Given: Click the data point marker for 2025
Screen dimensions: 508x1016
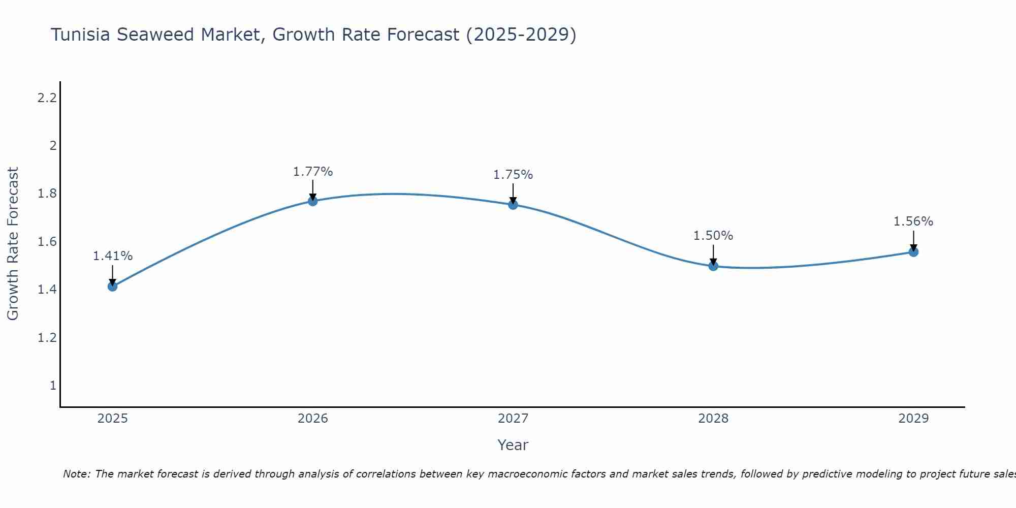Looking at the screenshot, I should (x=112, y=287).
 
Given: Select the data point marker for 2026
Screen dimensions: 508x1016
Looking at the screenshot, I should (x=312, y=201).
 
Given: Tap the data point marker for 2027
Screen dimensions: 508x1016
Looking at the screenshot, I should (x=513, y=205).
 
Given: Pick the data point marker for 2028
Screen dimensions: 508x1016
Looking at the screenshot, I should (x=713, y=266).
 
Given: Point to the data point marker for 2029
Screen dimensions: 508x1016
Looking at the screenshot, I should (x=913, y=252).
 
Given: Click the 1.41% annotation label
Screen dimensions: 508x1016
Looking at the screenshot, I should (x=112, y=256).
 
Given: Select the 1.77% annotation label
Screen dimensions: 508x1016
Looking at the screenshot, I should (x=312, y=172).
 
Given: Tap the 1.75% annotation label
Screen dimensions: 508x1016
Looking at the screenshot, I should (x=513, y=175).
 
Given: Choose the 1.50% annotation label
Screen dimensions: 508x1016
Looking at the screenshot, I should (x=713, y=236).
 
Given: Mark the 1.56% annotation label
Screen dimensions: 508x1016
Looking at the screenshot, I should (x=913, y=221).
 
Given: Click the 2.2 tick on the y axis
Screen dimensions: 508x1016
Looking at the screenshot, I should (x=47, y=98).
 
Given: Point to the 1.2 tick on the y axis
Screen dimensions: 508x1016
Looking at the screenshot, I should (x=47, y=337).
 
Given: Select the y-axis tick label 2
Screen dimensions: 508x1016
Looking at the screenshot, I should (x=52, y=146).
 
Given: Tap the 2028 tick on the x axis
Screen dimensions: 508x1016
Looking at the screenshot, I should (x=713, y=419).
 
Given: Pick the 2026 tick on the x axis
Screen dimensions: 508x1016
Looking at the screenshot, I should (x=312, y=419).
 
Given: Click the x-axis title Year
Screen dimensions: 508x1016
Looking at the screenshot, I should (x=513, y=445).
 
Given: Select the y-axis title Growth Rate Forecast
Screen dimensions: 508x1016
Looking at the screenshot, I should (x=13, y=244).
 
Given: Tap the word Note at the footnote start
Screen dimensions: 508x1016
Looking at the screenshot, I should (x=76, y=474).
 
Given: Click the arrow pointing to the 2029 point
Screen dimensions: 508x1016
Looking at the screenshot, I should (x=913, y=240).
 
